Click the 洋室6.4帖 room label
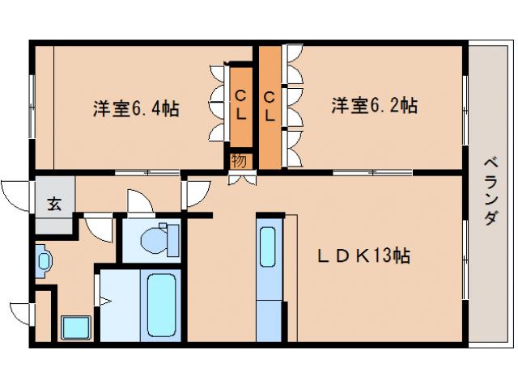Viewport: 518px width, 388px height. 135,108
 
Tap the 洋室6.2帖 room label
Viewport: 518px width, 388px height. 374,105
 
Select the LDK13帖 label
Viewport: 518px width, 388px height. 363,255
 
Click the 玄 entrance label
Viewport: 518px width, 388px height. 53,204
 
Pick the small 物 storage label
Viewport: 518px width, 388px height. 239,159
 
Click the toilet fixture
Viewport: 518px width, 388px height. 157,238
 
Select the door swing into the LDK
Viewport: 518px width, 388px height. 196,193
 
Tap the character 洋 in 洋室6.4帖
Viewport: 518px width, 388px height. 100,108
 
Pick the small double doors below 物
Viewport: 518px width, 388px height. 240,177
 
